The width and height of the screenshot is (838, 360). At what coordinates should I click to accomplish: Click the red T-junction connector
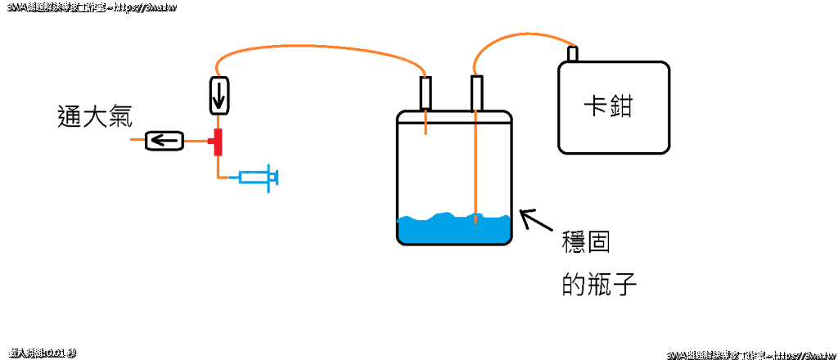[x=218, y=142]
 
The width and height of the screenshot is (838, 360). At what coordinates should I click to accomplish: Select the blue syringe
[x=259, y=178]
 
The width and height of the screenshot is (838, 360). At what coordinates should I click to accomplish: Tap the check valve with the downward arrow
[x=219, y=95]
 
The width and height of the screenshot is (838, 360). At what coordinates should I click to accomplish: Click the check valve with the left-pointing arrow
[x=164, y=142]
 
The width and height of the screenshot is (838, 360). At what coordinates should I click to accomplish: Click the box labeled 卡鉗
[x=614, y=107]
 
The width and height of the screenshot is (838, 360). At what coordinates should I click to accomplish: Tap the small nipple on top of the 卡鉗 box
[x=573, y=55]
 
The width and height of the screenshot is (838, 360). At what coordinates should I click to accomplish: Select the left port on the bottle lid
[x=426, y=92]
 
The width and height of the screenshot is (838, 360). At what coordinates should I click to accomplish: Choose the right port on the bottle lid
[x=476, y=92]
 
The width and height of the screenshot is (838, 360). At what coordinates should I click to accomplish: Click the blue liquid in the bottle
[x=454, y=231]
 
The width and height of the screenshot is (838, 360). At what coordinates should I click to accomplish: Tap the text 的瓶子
[x=599, y=285]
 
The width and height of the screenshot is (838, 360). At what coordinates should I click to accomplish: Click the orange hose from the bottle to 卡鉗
[x=524, y=34]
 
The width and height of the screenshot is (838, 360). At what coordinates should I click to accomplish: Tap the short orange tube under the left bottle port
[x=426, y=123]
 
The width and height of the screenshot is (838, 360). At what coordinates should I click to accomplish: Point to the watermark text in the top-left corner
[x=89, y=7]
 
